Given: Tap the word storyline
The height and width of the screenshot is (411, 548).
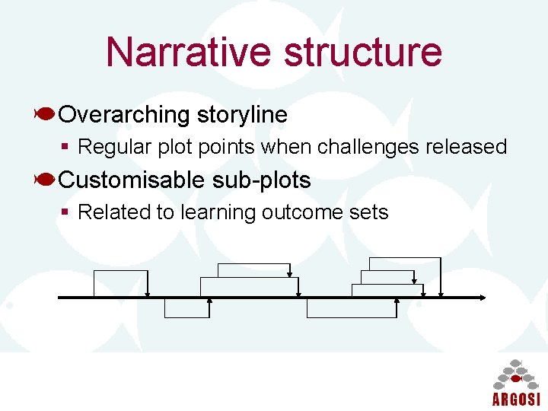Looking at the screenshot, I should click(x=242, y=115).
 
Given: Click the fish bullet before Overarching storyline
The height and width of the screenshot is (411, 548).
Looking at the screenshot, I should click(x=44, y=114).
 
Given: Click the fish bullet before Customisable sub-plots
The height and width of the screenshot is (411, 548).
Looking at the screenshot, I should click(x=44, y=180).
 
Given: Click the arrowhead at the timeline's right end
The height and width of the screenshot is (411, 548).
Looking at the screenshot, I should click(x=481, y=297).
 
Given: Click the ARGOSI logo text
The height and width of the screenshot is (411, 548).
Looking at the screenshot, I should click(x=515, y=400).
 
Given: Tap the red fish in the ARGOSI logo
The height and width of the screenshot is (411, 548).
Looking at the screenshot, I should click(x=515, y=378).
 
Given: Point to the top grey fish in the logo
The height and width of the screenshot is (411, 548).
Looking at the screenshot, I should click(x=515, y=362).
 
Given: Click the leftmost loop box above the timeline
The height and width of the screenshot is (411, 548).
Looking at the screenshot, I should click(x=120, y=283).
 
